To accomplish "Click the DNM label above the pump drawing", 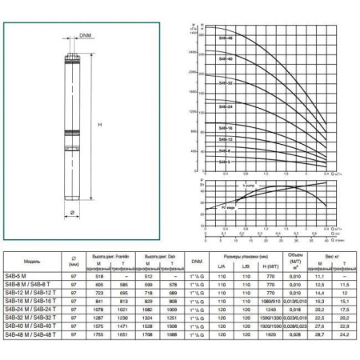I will (x=85, y=36).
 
